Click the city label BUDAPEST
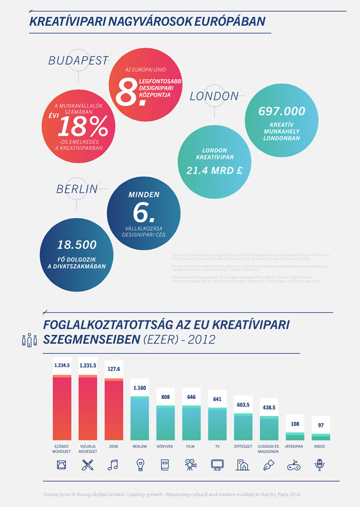(x=78, y=61)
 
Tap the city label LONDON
(x=214, y=96)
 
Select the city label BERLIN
(x=77, y=189)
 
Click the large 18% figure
(x=82, y=126)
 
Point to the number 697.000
(x=282, y=111)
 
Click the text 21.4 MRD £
(x=215, y=170)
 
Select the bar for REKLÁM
(x=139, y=418)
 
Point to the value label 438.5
(x=269, y=407)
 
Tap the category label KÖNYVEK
(x=165, y=446)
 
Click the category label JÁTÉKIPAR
(x=295, y=446)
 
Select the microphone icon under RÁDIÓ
(x=320, y=465)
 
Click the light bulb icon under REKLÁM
(x=139, y=465)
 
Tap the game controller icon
(x=295, y=465)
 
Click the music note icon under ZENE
(x=113, y=465)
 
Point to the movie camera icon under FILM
(x=191, y=465)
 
